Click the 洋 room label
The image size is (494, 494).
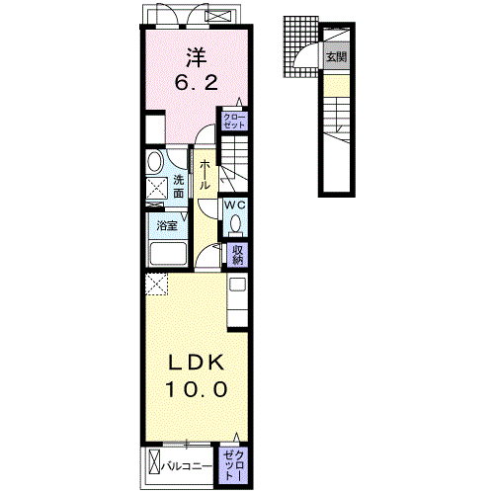(x=197, y=58)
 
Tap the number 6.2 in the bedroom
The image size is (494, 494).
(x=197, y=82)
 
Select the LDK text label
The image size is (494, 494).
(x=197, y=363)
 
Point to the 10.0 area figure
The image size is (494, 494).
(x=197, y=389)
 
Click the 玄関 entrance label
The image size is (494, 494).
(x=336, y=57)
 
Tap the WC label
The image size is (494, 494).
(x=235, y=205)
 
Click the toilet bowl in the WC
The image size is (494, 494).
(x=235, y=224)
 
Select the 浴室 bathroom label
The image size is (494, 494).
(x=167, y=225)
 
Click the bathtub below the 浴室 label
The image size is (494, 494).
(x=168, y=254)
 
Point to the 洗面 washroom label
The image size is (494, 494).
(x=179, y=187)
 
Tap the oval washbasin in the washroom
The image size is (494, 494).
(x=155, y=162)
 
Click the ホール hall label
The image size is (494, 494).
(x=205, y=175)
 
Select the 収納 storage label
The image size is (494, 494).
(x=237, y=255)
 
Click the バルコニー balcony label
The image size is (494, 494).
(x=186, y=466)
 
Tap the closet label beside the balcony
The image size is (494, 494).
(x=233, y=465)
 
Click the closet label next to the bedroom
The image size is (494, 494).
(x=234, y=122)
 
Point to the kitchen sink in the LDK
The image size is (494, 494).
(x=237, y=285)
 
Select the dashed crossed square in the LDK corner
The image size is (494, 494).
(x=156, y=285)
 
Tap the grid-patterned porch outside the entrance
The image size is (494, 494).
(x=300, y=46)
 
